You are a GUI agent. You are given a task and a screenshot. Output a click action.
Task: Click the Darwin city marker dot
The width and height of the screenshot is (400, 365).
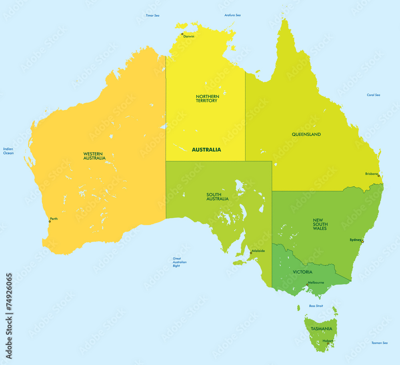coord(182,34)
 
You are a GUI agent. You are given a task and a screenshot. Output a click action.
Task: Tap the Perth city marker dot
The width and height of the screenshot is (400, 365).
coord(50,221)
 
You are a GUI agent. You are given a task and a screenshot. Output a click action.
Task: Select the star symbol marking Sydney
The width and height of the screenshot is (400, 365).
coord(362,241)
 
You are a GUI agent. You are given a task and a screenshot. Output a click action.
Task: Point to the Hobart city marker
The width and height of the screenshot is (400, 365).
coord(328,343)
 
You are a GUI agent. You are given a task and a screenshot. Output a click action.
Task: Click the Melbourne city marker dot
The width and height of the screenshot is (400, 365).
coord(307,285)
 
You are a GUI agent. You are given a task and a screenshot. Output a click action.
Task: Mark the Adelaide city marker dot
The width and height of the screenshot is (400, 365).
coord(251,253)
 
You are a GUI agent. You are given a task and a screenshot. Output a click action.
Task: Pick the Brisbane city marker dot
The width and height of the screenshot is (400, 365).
coord(378,176)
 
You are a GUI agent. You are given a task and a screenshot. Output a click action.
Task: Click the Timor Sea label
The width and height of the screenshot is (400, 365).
coord(152,15)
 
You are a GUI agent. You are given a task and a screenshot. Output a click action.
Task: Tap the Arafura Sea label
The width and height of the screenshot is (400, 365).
coord(232,15)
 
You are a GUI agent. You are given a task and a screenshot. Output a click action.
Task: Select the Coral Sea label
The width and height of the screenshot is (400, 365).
coord(373,95)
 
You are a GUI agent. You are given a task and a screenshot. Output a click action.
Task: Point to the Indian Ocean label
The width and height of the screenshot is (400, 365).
coord(8,151)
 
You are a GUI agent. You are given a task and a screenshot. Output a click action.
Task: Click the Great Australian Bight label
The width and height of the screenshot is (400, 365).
coord(180,262)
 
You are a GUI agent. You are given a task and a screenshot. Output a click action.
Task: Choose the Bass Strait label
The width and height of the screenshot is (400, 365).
coord(316,306)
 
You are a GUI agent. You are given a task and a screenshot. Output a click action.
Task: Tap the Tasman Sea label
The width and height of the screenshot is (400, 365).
coord(379,343)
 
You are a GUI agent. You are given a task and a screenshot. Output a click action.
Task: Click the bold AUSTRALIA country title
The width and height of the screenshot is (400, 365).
coord(206,150)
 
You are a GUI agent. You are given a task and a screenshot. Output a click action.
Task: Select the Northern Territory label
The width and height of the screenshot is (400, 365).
coord(207,98)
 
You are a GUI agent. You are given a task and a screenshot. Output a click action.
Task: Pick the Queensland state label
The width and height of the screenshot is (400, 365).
coord(306,134)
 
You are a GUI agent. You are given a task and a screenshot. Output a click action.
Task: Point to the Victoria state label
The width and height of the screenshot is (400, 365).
coord(302,272)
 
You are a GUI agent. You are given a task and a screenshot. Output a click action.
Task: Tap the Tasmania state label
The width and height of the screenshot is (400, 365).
coord(321,329)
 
